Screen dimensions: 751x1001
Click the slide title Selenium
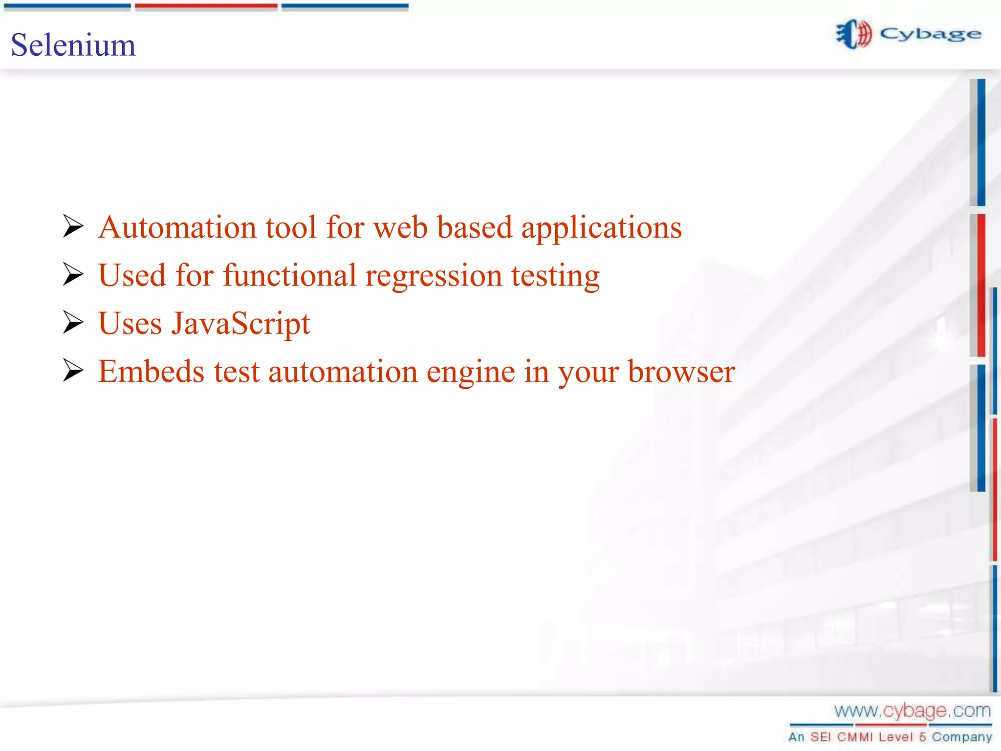click(x=73, y=45)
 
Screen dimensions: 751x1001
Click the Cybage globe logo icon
click(x=853, y=34)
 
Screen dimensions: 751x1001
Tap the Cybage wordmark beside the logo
click(x=930, y=35)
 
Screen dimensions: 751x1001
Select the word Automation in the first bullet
click(x=177, y=227)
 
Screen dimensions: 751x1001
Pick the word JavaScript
click(x=240, y=324)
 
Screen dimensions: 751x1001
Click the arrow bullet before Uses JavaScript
click(x=73, y=323)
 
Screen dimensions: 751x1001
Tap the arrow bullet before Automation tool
click(x=73, y=226)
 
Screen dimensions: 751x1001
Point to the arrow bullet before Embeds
click(x=73, y=370)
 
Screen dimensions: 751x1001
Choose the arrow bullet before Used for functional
click(x=73, y=274)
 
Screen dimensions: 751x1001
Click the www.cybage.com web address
click(x=912, y=711)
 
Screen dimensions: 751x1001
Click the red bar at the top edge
click(x=206, y=6)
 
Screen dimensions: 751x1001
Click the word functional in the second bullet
click(x=290, y=275)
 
